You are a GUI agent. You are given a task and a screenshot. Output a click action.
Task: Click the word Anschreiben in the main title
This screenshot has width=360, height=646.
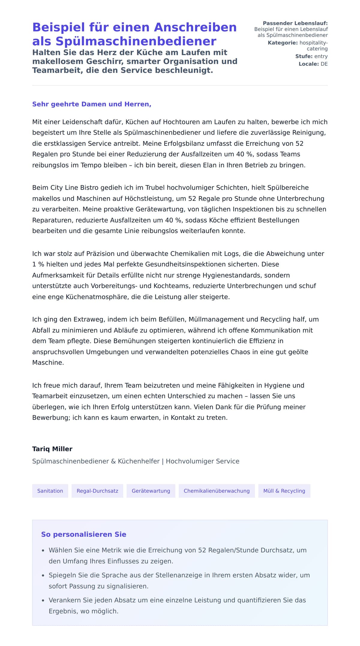pyautogui.click(x=195, y=27)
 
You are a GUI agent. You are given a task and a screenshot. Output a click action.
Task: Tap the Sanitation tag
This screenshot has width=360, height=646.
pyautogui.click(x=50, y=491)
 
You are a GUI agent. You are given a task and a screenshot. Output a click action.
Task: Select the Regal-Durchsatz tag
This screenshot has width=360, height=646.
pyautogui.click(x=97, y=491)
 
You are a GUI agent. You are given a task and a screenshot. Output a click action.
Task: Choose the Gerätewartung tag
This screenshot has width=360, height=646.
pyautogui.click(x=151, y=491)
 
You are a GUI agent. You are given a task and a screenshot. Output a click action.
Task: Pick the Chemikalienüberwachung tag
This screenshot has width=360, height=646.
pyautogui.click(x=217, y=491)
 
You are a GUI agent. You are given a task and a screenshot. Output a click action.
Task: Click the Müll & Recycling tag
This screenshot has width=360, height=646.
pyautogui.click(x=284, y=491)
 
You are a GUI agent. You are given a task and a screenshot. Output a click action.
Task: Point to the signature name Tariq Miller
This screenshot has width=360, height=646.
pyautogui.click(x=52, y=449)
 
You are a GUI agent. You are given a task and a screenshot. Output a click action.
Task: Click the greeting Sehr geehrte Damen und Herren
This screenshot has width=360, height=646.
pyautogui.click(x=91, y=104)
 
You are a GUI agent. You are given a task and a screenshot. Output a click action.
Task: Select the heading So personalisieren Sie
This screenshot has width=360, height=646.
pyautogui.click(x=84, y=534)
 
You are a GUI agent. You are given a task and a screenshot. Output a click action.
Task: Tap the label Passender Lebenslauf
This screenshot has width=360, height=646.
pyautogui.click(x=295, y=23)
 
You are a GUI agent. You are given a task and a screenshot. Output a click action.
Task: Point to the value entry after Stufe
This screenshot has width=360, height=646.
pyautogui.click(x=321, y=56)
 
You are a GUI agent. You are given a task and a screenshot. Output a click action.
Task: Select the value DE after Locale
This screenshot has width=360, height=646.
pyautogui.click(x=324, y=64)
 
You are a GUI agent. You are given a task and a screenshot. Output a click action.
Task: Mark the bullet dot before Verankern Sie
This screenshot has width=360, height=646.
pyautogui.click(x=43, y=601)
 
